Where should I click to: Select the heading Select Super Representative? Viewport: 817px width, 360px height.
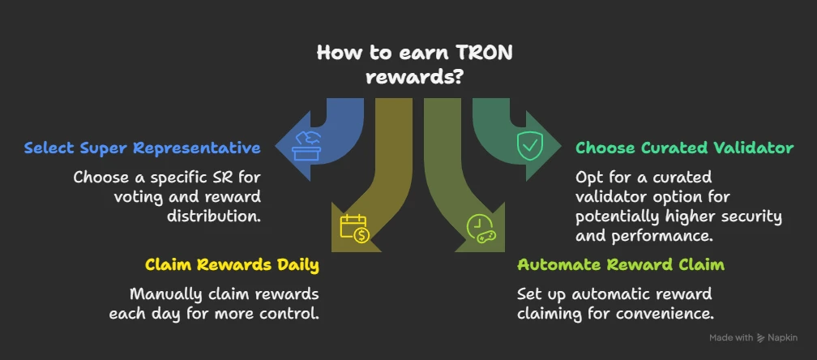click(143, 148)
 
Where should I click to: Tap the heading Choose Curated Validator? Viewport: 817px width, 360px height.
click(685, 148)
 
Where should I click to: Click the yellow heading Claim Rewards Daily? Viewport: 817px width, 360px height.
click(232, 264)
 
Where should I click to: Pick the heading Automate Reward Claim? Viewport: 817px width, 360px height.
click(621, 264)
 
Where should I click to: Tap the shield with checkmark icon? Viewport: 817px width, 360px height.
click(530, 145)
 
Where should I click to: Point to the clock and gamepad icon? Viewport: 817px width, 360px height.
click(481, 229)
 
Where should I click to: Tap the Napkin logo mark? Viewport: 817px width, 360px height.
click(761, 337)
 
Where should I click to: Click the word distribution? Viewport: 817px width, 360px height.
click(214, 216)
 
